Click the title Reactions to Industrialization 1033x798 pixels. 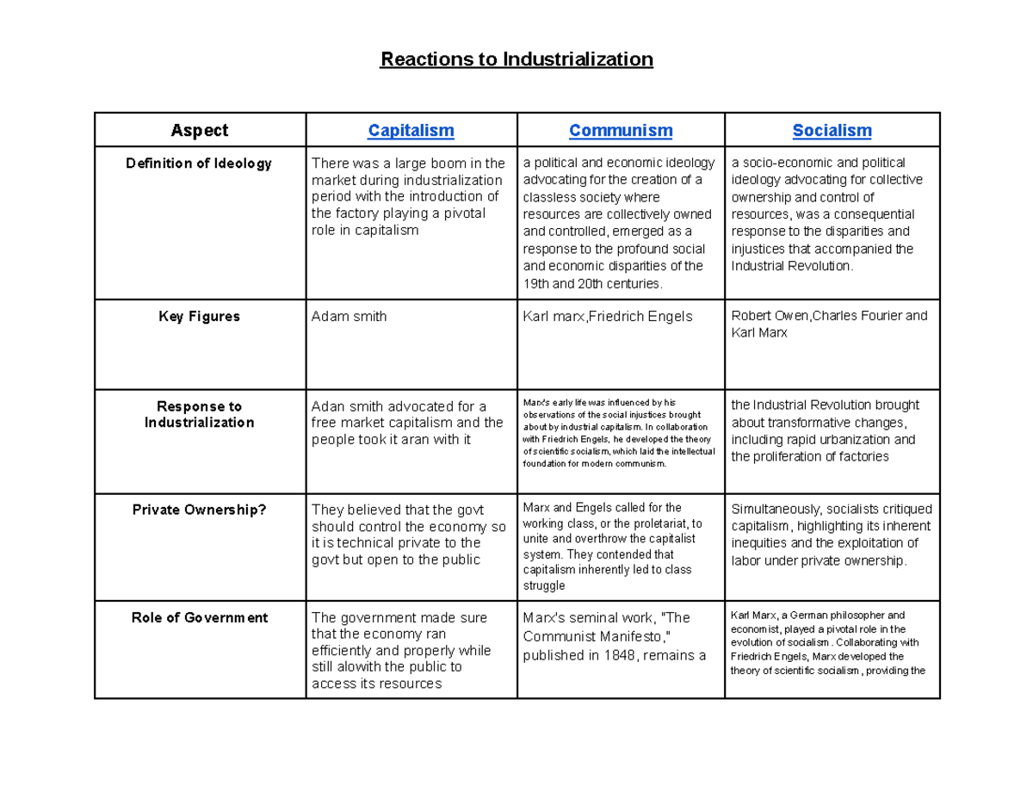(517, 59)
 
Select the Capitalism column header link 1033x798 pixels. (411, 130)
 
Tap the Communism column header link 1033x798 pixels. (621, 130)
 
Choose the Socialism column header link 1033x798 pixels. (832, 130)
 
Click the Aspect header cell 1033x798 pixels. (200, 130)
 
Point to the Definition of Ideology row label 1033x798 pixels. (199, 164)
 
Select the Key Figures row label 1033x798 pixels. (199, 317)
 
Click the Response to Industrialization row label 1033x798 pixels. (199, 414)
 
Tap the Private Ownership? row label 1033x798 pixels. (199, 510)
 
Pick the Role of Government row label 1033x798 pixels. (199, 618)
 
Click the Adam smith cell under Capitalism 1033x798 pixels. (349, 317)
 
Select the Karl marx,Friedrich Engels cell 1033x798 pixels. (607, 317)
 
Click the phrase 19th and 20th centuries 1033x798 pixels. (593, 283)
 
